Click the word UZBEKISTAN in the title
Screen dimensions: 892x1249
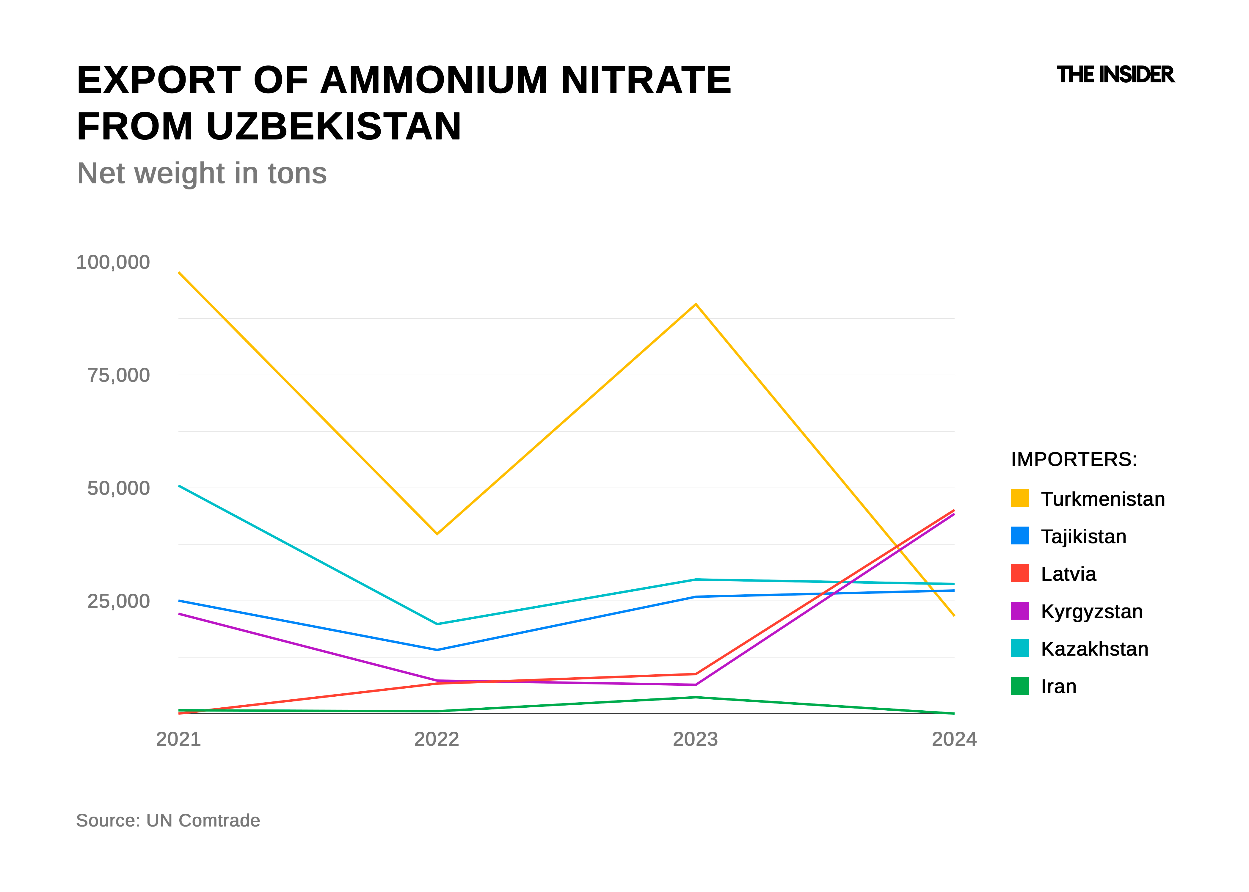point(334,126)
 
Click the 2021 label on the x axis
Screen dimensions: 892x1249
point(178,739)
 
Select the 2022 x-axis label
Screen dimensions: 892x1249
point(437,739)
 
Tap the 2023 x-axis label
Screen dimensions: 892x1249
point(695,739)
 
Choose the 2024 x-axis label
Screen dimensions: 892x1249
point(954,739)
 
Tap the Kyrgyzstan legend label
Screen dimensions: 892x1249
point(1091,611)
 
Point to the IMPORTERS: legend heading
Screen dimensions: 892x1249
point(1074,459)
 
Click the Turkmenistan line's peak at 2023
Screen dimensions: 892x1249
point(696,304)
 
